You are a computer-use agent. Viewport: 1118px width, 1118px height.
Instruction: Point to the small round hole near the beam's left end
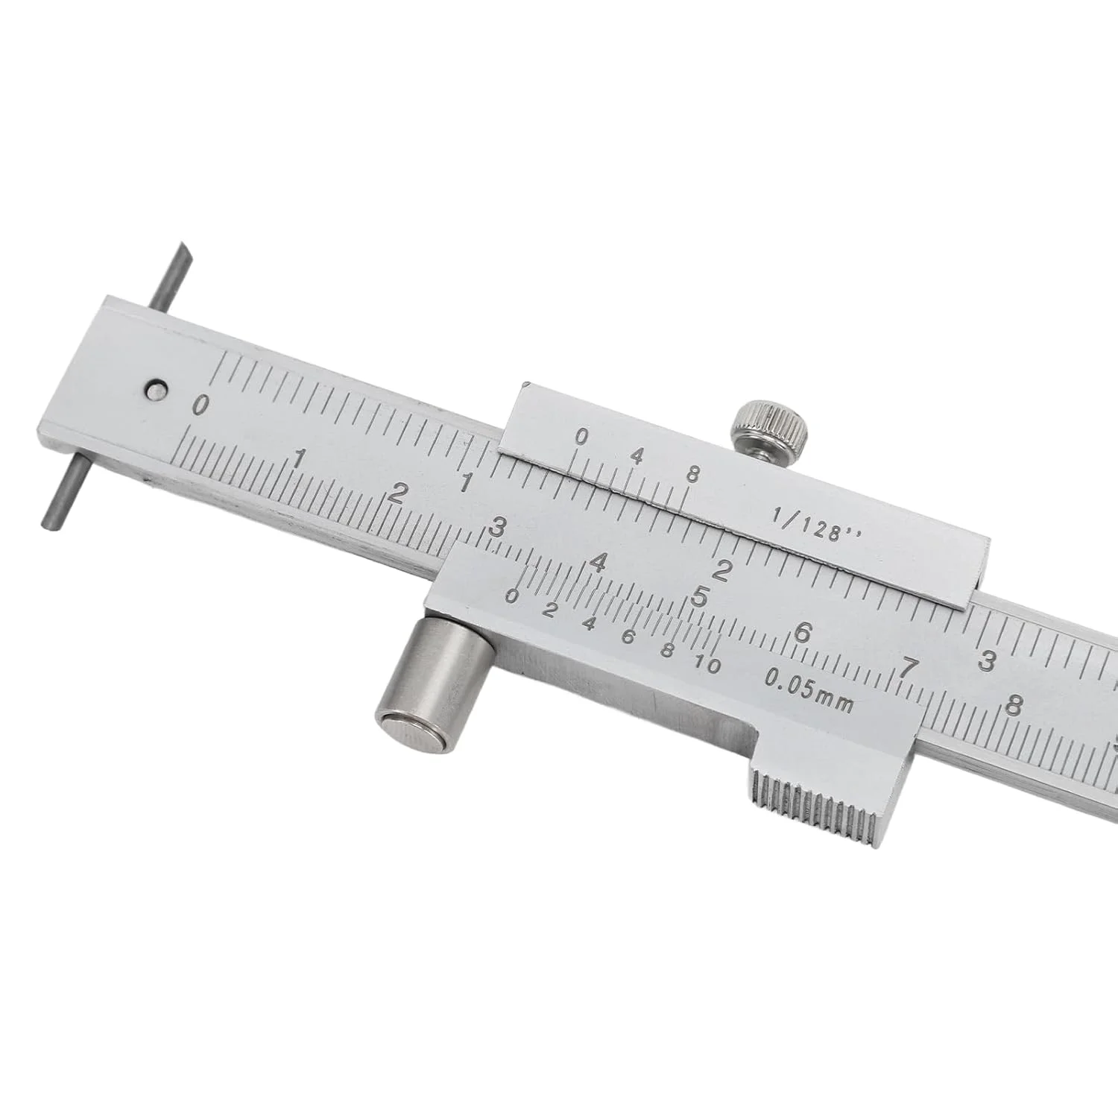point(156,388)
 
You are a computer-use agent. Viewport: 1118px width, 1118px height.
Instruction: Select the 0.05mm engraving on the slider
point(809,689)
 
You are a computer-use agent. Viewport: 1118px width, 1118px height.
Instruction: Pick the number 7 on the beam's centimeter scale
point(906,668)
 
